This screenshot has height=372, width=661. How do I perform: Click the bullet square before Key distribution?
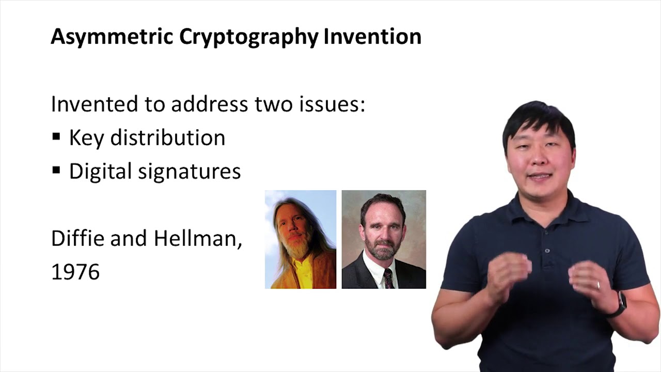pos(56,137)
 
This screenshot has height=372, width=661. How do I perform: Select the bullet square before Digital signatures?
pos(56,171)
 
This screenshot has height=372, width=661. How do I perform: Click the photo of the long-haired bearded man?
pos(301,239)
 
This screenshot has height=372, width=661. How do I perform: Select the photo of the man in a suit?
pos(384,239)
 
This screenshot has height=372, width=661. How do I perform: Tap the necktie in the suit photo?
pos(388,278)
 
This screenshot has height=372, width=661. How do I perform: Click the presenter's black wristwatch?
pos(619,303)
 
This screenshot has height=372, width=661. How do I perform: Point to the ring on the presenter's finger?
pos(599,285)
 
